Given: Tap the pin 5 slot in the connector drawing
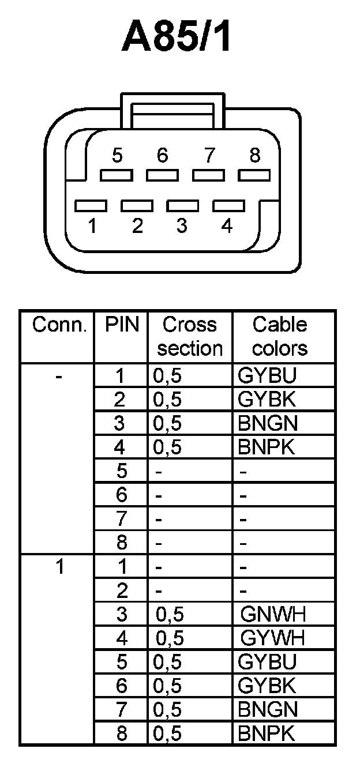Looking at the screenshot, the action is coord(116,175).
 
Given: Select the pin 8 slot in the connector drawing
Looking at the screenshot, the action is coord(254,175).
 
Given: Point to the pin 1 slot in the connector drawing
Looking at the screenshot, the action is coord(91,205).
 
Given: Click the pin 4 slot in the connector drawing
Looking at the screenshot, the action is coord(229,205).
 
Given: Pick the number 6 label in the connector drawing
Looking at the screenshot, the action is coord(163,155).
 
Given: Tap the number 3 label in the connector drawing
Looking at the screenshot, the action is coord(182,226).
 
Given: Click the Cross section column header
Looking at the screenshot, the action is coord(190,337).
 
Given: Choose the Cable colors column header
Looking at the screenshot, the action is coord(280,337).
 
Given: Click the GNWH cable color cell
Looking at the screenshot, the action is coord(272,615).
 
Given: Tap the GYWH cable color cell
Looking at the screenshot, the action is coord(272,638).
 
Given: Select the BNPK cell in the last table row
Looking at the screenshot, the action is coord(267,733).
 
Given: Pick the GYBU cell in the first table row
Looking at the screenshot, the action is coord(267,376).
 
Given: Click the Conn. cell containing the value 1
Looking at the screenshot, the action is coord(59,567).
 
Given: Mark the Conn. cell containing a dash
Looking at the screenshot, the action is coord(59,376).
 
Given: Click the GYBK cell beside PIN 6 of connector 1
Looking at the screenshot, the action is coord(267,686).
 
